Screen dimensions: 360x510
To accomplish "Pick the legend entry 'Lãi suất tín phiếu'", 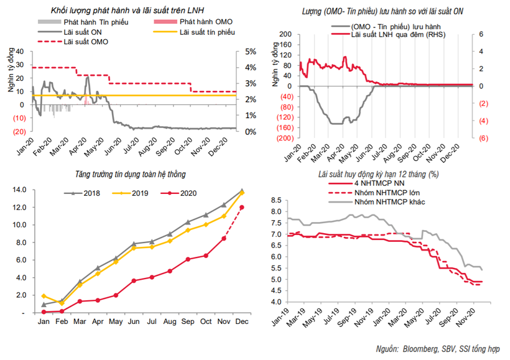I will (x=203, y=32).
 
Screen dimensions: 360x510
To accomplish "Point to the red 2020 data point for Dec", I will (x=241, y=207).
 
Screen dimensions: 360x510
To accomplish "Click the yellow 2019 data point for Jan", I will (x=43, y=296).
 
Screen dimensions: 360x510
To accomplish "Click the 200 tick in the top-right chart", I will (x=286, y=35).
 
